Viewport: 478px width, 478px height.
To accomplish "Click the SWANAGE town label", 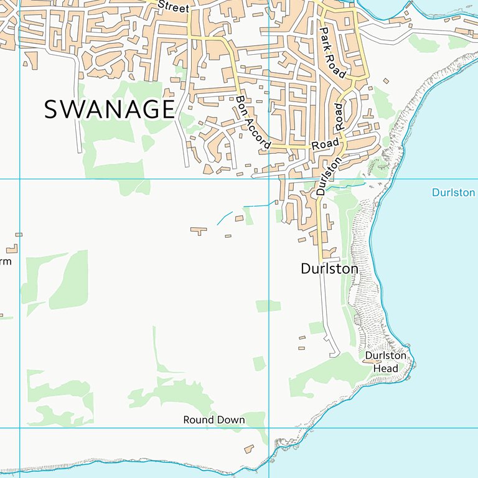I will click(110, 110).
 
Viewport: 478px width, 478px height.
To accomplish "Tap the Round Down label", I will click(214, 420).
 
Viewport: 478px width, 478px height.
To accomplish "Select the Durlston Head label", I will click(385, 362).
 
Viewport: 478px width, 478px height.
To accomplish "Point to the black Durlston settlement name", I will click(329, 269).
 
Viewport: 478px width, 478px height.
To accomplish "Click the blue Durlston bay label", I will click(454, 193).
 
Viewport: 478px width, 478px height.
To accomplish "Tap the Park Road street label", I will click(332, 52).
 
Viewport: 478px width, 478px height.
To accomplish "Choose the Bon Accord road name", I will click(253, 123).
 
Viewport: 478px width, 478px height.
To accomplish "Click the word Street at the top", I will click(173, 7).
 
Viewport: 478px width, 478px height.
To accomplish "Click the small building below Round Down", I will click(249, 449).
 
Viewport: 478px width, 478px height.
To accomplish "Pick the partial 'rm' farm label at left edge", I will click(5, 261).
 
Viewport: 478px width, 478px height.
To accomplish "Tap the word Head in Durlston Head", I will click(385, 368).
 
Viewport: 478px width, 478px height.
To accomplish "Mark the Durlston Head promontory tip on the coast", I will click(414, 363).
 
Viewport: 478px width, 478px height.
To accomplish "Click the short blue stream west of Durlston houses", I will click(223, 218).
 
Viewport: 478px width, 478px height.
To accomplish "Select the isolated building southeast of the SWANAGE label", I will click(199, 231).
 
